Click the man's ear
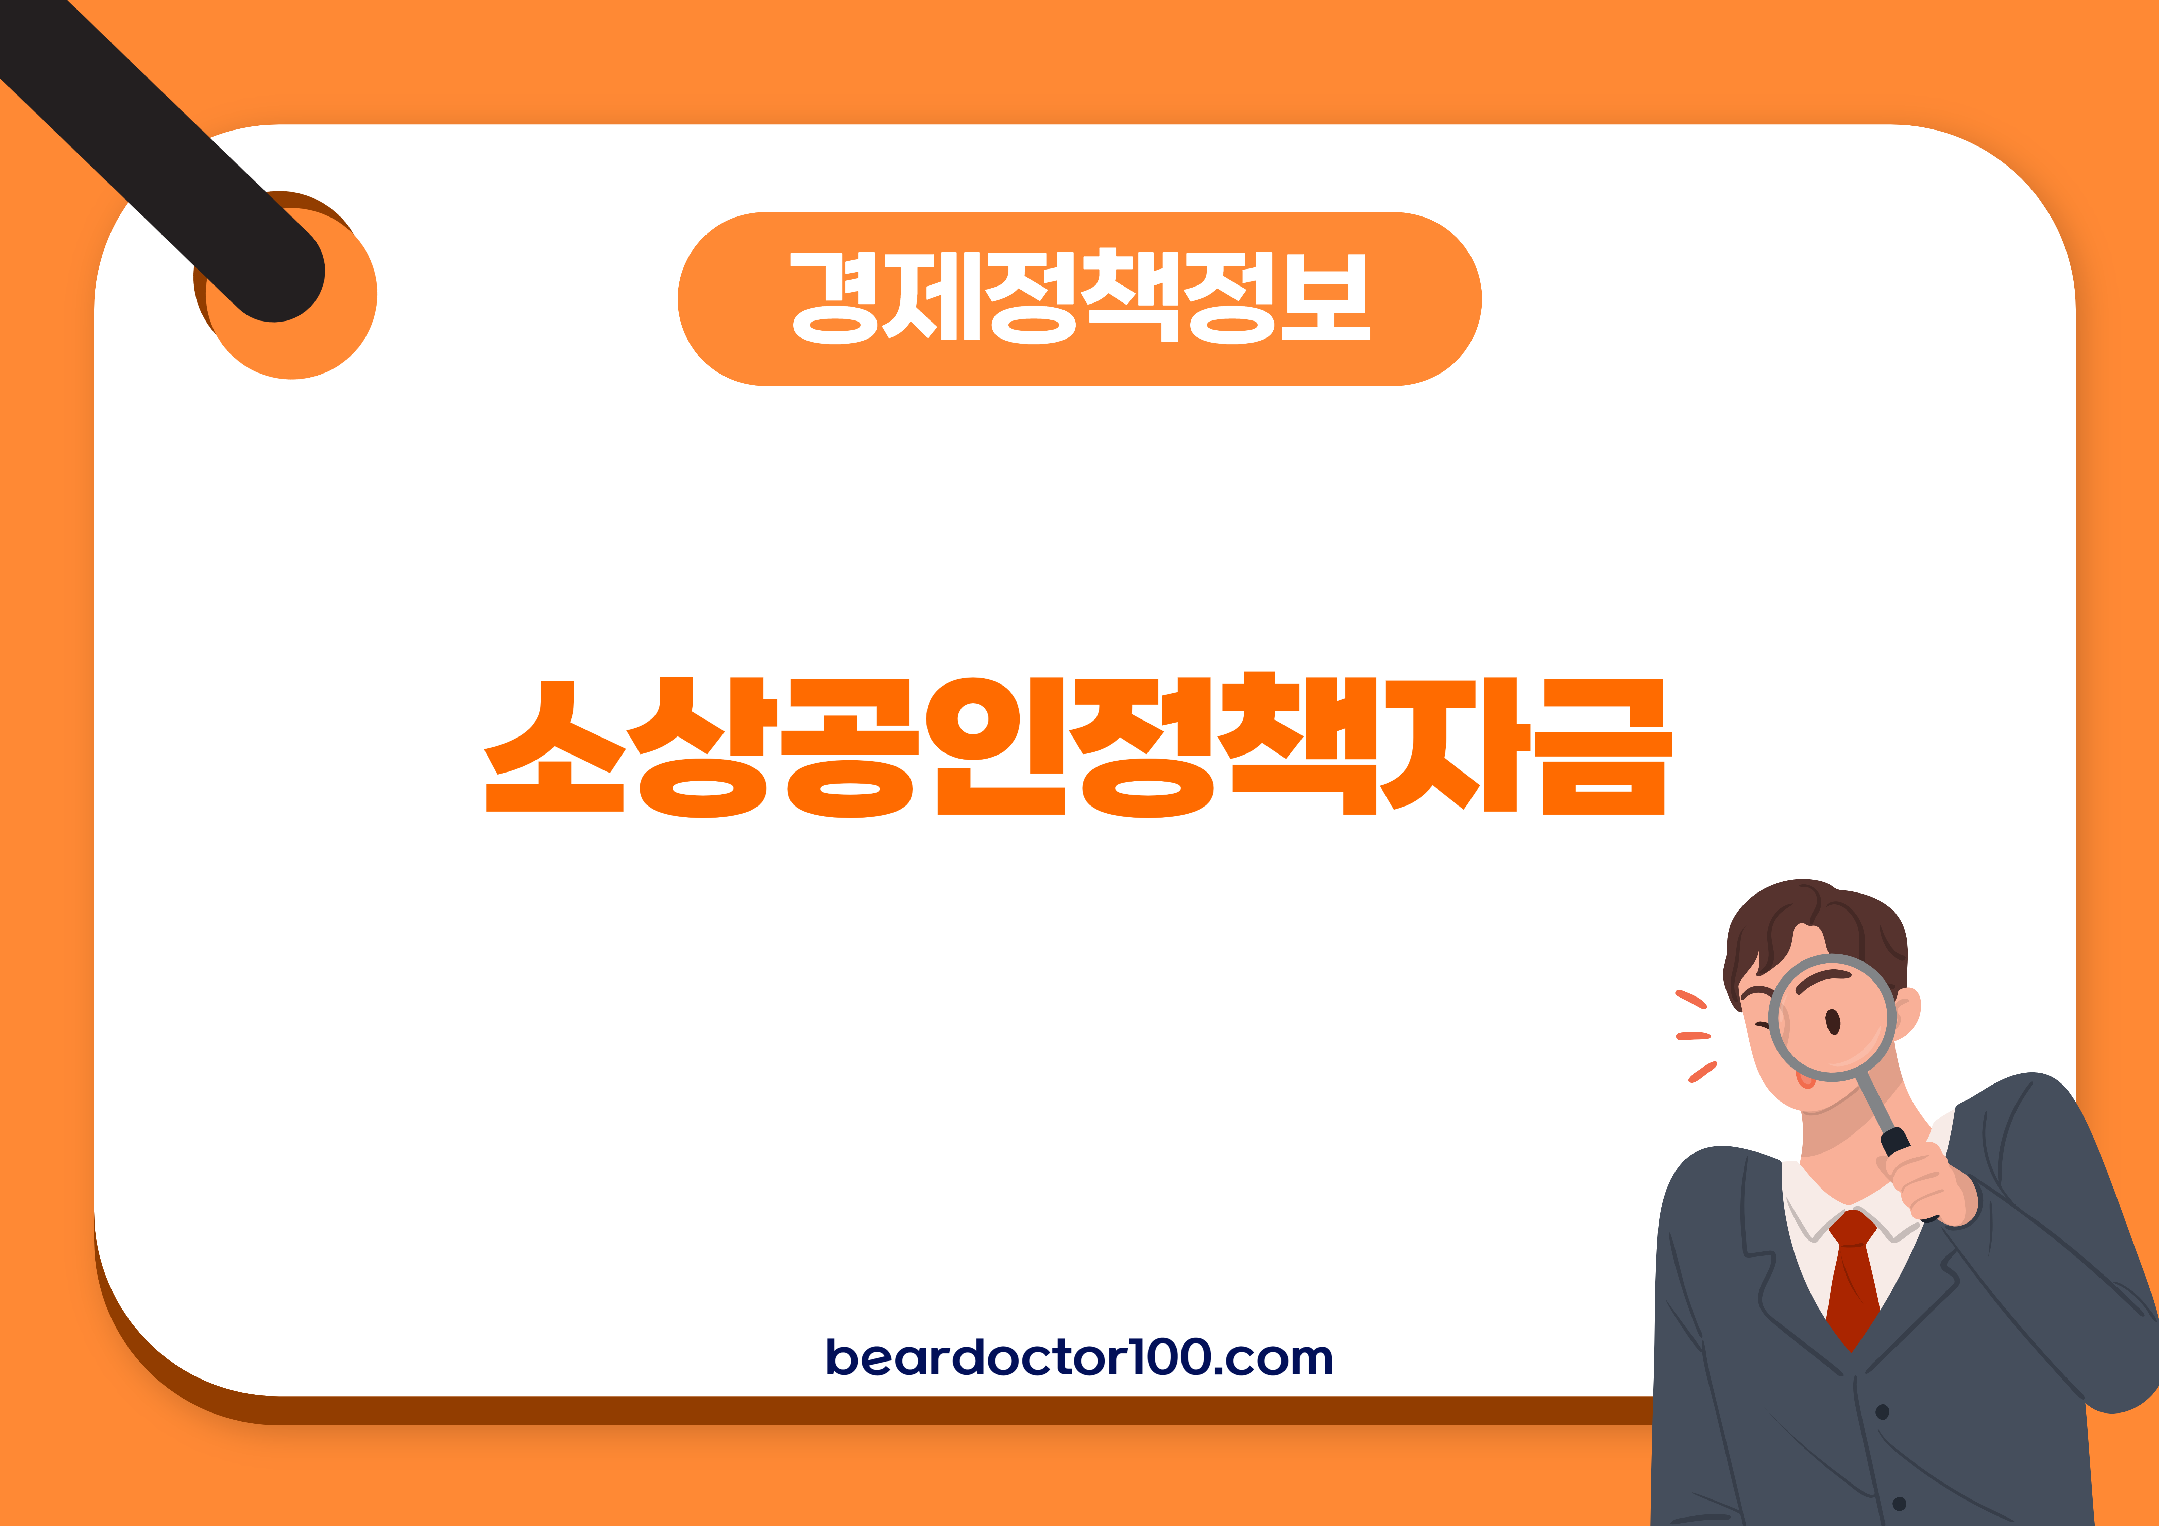pos(1907,1016)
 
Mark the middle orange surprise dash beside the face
pos(1693,1036)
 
